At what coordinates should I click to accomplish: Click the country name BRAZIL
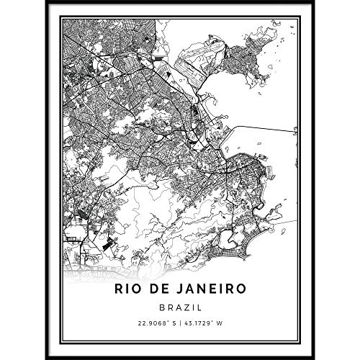pyautogui.click(x=179, y=307)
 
